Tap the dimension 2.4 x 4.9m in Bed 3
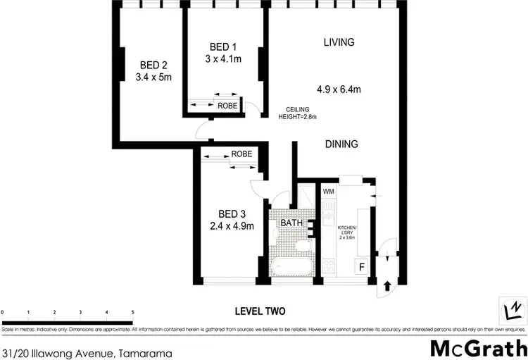231,225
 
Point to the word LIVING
339,42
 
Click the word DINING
341,144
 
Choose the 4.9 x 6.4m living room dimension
339,89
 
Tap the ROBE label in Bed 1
227,106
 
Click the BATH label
291,223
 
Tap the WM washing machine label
328,192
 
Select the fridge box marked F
362,267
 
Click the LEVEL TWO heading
260,311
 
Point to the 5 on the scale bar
132,311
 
